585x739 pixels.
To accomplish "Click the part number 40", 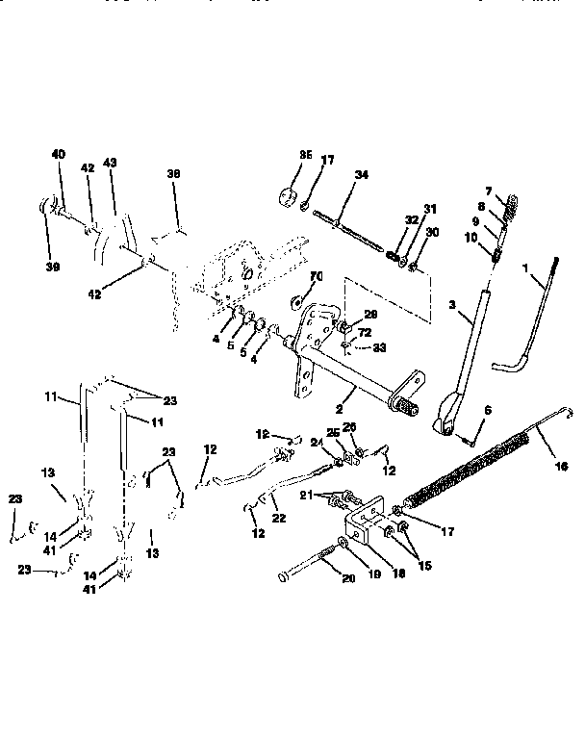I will click(x=59, y=154).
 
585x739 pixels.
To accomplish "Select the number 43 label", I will click(x=109, y=165).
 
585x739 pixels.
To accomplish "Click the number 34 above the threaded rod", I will click(x=334, y=175).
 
